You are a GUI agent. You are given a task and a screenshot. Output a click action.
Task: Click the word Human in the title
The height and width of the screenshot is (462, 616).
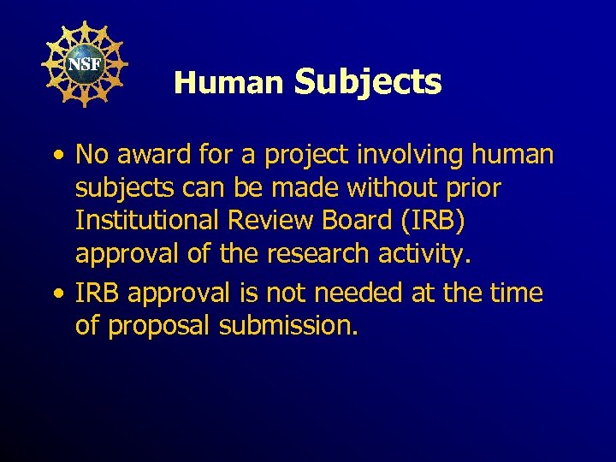(228, 83)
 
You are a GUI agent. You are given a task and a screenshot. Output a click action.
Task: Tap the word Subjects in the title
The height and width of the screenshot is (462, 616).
(368, 82)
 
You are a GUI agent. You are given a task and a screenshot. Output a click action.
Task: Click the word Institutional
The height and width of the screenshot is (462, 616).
(147, 220)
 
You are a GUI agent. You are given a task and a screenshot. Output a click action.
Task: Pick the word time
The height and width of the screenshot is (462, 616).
(515, 293)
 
